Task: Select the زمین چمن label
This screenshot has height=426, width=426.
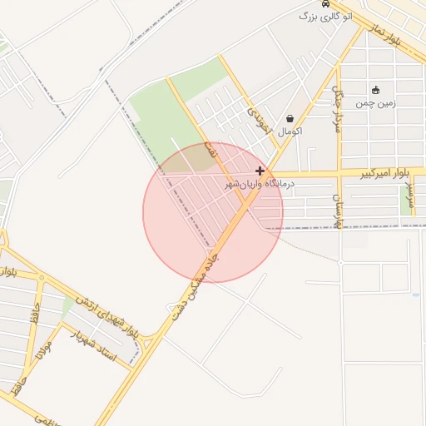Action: click(376, 104)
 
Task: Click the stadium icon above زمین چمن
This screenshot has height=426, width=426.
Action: click(376, 90)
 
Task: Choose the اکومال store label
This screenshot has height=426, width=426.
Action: click(290, 131)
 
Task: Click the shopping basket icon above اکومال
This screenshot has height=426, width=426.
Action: click(290, 118)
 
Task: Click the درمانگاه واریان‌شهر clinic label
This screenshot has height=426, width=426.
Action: click(260, 183)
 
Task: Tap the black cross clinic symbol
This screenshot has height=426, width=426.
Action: click(260, 171)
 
